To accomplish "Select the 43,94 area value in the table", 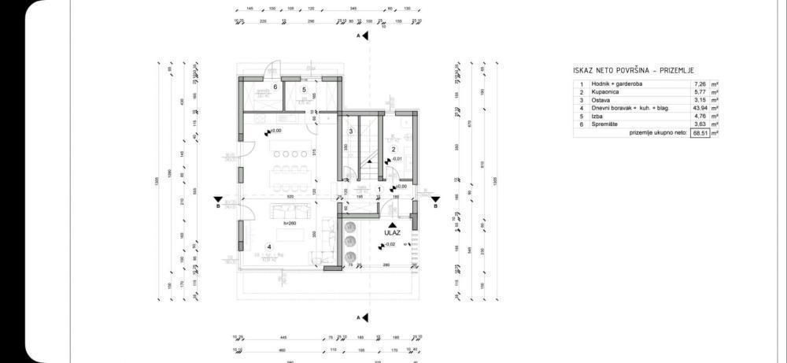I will [x=698, y=108].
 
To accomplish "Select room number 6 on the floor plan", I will [x=275, y=87].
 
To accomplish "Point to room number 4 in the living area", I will [x=269, y=247].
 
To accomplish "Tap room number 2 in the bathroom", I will [x=393, y=149].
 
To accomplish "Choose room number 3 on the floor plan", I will [x=350, y=131].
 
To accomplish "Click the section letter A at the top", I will [x=358, y=36].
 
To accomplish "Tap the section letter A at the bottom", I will [x=358, y=317].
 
